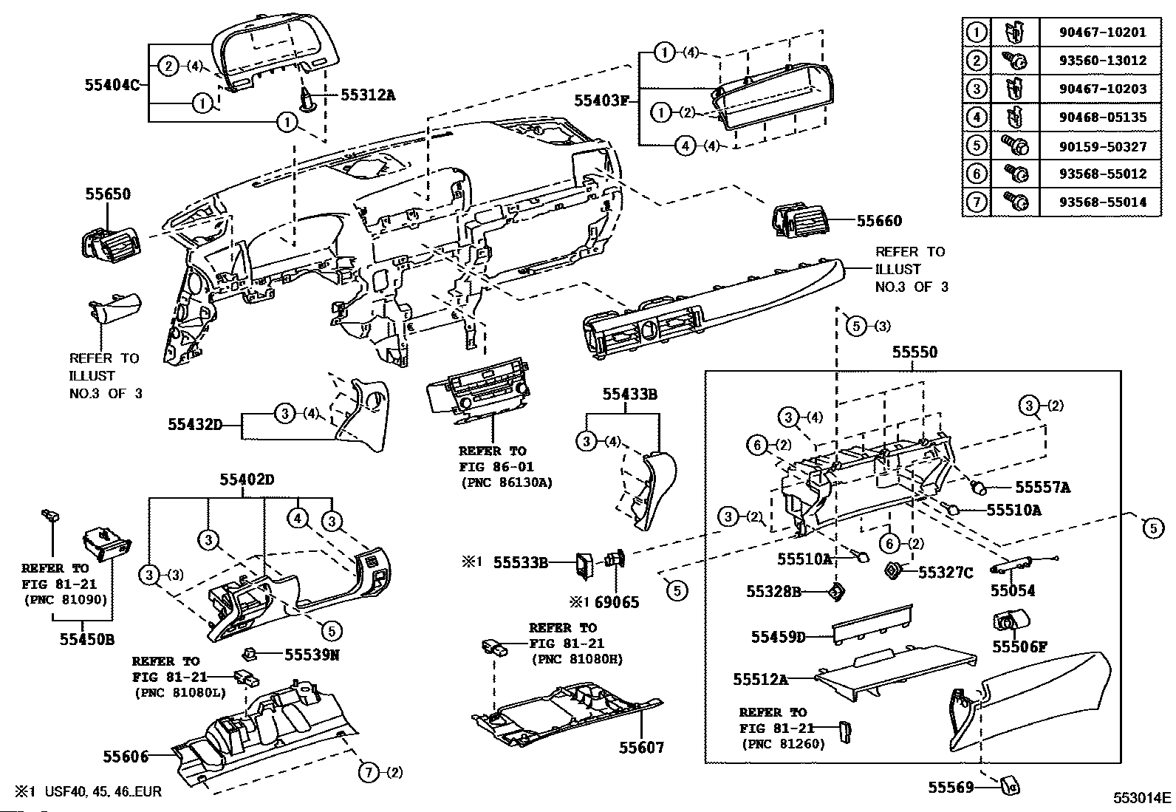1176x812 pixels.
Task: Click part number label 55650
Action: [108, 194]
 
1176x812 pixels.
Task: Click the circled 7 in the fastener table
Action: [976, 202]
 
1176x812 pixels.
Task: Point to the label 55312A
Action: [367, 95]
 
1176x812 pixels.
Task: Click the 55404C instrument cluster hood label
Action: [112, 84]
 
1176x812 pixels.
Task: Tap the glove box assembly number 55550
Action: [915, 352]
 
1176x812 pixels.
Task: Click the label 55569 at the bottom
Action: [950, 788]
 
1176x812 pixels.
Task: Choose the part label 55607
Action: [641, 748]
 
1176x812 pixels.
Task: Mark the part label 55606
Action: [126, 756]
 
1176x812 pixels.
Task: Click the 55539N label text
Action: [312, 654]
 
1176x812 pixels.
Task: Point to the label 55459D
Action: [779, 637]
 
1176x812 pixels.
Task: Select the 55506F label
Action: [1019, 646]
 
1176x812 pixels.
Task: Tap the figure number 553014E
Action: [1142, 797]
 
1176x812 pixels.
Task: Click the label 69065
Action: [617, 602]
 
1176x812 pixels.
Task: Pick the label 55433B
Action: [629, 395]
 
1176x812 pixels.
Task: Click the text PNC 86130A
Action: [506, 482]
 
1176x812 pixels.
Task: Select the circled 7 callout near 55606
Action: [368, 773]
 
